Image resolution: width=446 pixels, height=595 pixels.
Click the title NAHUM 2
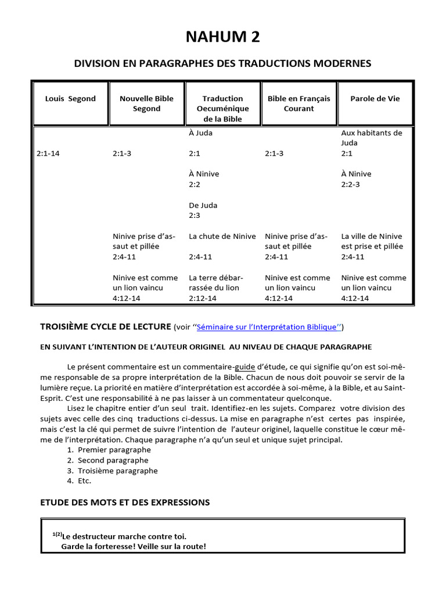(222, 37)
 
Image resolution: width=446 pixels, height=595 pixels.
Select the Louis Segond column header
(70, 98)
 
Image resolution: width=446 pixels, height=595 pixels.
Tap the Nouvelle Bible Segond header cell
(146, 103)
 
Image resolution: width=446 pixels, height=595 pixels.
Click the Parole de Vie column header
(375, 98)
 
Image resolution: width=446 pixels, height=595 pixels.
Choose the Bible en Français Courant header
(298, 103)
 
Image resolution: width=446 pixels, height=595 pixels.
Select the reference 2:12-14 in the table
(203, 298)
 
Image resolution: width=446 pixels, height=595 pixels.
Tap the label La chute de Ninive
(222, 236)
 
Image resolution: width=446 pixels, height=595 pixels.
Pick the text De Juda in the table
(203, 205)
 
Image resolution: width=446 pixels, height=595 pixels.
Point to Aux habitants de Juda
(371, 138)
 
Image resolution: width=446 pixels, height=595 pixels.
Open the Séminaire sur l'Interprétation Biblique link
(267, 327)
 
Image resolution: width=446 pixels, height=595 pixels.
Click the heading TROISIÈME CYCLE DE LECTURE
(105, 327)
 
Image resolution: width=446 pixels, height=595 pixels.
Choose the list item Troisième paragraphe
(117, 471)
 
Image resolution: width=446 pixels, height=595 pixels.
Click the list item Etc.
(84, 481)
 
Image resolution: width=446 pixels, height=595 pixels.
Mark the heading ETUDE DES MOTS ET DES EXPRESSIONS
(124, 502)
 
